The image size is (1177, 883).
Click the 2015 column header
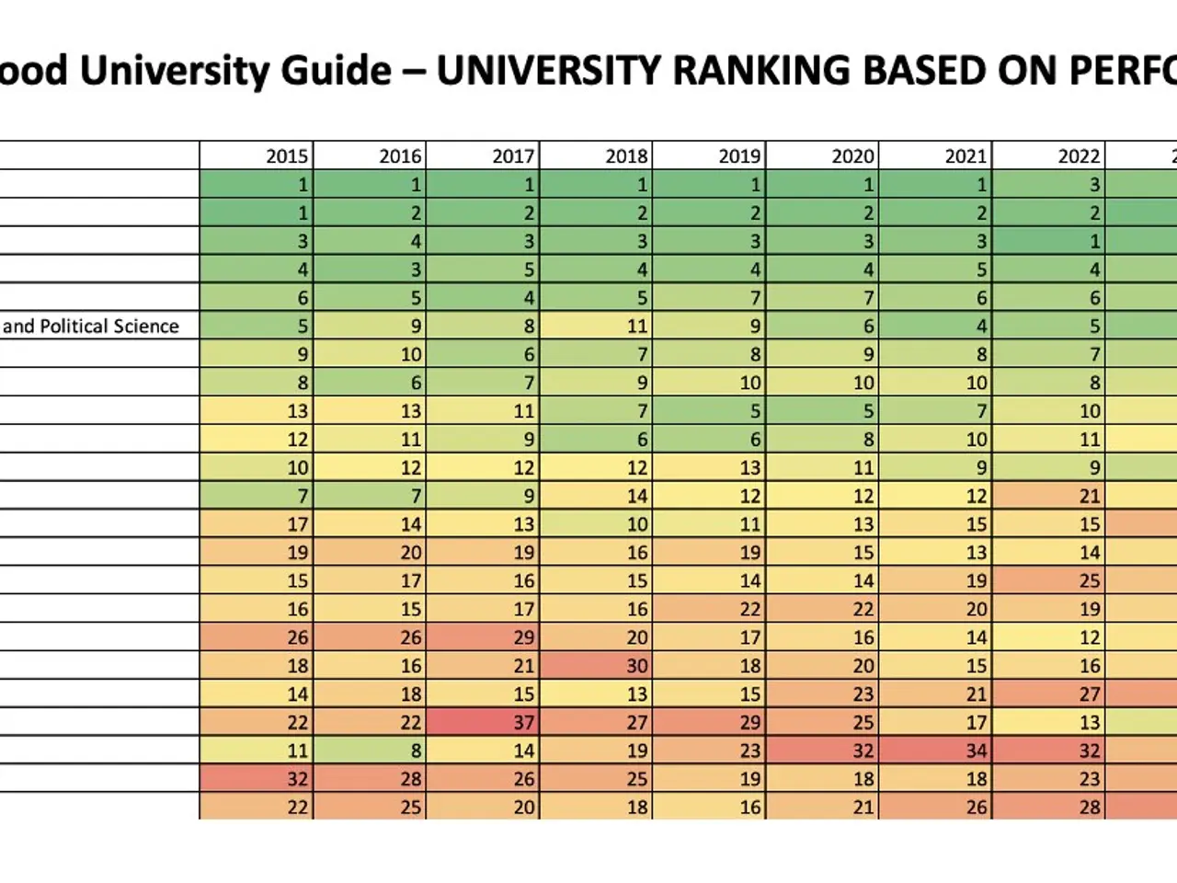coord(287,156)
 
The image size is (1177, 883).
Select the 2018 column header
coord(626,156)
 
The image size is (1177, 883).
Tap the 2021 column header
coord(966,156)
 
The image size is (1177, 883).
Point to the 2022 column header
coord(1079,156)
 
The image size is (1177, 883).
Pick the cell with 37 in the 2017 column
coord(523,723)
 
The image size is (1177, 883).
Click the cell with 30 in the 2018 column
coord(636,666)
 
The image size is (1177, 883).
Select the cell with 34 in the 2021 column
coord(976,751)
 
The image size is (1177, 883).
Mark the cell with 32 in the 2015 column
coord(297,779)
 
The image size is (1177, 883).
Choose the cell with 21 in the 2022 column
coord(1089,497)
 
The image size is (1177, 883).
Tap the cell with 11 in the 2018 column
coord(636,327)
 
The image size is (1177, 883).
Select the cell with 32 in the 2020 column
coord(863,751)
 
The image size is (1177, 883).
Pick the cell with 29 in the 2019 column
coord(749,723)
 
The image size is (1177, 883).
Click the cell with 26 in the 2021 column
coord(976,808)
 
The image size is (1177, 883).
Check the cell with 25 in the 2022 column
coord(1089,581)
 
